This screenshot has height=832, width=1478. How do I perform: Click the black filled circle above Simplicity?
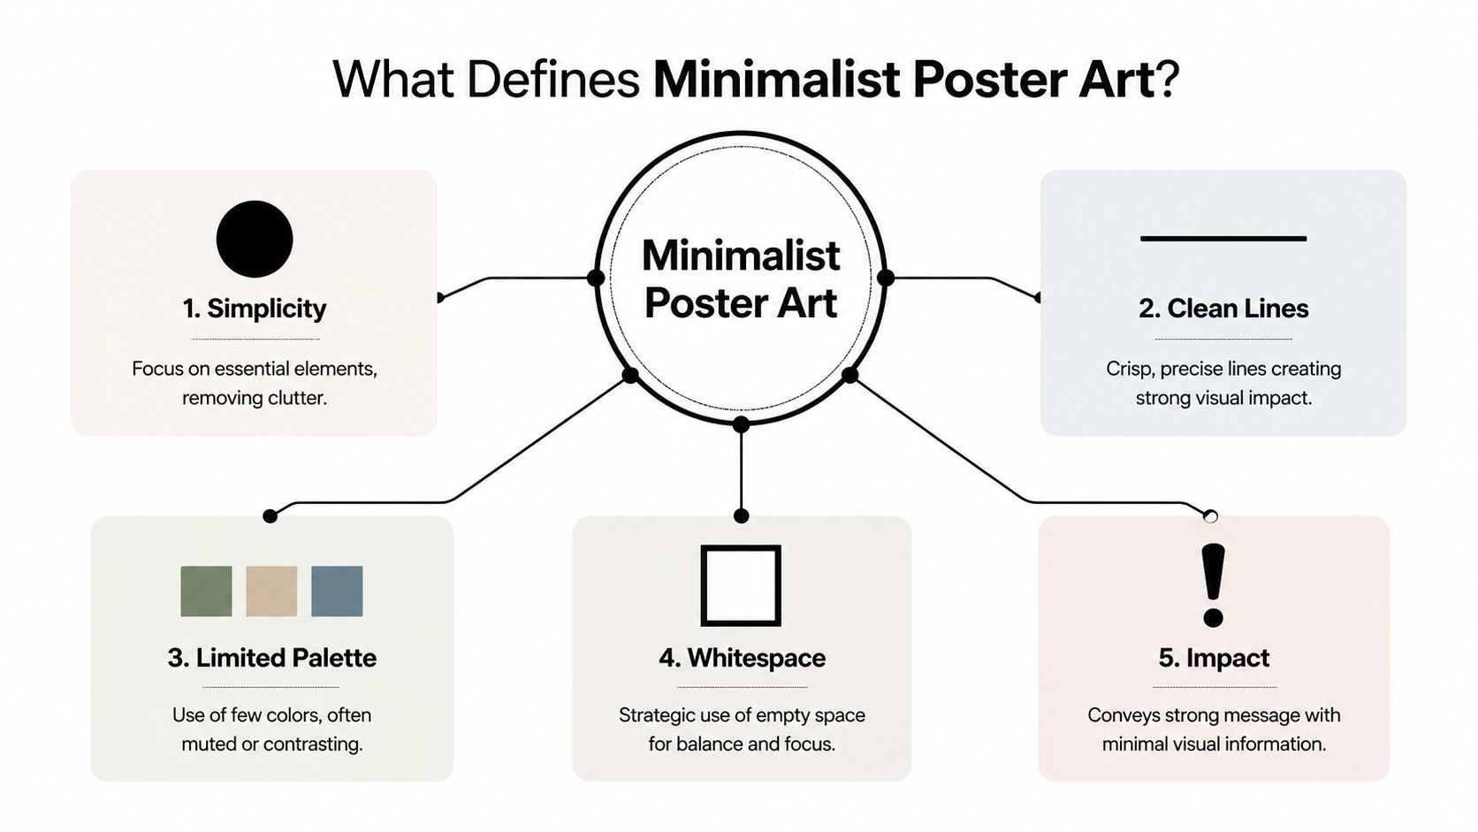pyautogui.click(x=255, y=239)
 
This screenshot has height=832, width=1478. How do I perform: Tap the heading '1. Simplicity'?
pyautogui.click(x=255, y=309)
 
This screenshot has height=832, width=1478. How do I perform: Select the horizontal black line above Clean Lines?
pyautogui.click(x=1223, y=239)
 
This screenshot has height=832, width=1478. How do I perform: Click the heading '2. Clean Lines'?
pyautogui.click(x=1223, y=309)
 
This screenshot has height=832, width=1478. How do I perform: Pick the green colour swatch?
pyautogui.click(x=206, y=591)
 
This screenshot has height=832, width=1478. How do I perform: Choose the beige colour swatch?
pyautogui.click(x=271, y=591)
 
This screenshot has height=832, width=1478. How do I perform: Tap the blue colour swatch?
pyautogui.click(x=337, y=591)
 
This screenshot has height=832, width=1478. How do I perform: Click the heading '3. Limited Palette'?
pyautogui.click(x=272, y=658)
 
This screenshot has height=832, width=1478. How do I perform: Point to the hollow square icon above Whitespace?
pyautogui.click(x=741, y=585)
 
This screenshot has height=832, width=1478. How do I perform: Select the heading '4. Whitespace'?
pyautogui.click(x=742, y=658)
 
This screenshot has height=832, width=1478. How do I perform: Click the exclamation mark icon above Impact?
pyautogui.click(x=1214, y=584)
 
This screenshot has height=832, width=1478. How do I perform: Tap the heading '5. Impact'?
pyautogui.click(x=1214, y=658)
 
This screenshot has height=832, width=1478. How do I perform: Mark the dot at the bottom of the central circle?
pyautogui.click(x=741, y=425)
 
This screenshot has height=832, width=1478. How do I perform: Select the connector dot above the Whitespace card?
pyautogui.click(x=741, y=515)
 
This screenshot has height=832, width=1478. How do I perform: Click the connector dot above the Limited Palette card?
pyautogui.click(x=270, y=515)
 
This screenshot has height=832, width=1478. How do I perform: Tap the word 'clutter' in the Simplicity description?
pyautogui.click(x=297, y=398)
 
